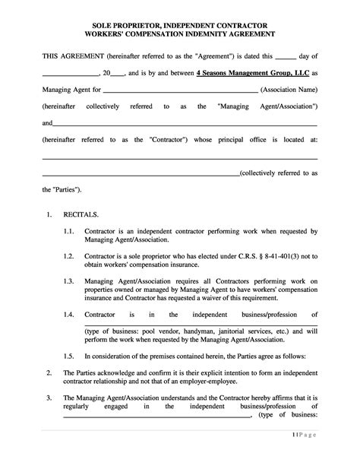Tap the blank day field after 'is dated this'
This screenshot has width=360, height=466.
[x=284, y=56]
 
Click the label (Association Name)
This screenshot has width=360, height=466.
[x=288, y=90]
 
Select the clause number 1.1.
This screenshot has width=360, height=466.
[x=70, y=231]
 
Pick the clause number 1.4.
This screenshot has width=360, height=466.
[x=70, y=315]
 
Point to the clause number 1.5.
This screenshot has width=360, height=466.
[x=70, y=355]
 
